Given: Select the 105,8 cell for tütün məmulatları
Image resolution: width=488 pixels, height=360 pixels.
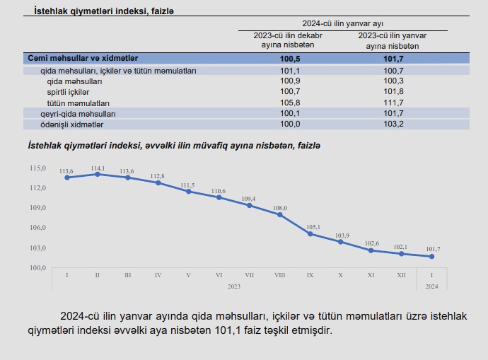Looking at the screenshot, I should click(x=291, y=103).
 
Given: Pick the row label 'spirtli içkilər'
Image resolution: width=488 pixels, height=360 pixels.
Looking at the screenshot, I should click(x=68, y=92).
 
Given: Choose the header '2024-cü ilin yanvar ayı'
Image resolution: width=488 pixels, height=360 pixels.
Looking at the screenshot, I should click(x=343, y=23).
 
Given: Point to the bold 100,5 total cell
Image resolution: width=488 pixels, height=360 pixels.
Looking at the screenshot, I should click(x=291, y=58).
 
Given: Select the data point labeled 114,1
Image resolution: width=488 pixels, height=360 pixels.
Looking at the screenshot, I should click(x=97, y=174).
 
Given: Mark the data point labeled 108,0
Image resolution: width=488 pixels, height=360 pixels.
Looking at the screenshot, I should click(x=280, y=214).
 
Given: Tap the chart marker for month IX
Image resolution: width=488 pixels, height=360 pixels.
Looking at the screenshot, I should click(x=310, y=233).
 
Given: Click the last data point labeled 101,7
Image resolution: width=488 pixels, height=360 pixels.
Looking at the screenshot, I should click(x=432, y=256).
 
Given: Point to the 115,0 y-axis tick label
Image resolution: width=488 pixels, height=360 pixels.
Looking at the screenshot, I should click(x=37, y=168).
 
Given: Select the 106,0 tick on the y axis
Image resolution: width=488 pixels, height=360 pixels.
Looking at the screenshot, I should click(x=37, y=228).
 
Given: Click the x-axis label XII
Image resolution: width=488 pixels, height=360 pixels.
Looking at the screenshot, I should click(x=401, y=274).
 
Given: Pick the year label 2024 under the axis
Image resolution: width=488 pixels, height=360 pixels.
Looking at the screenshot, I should click(x=432, y=286).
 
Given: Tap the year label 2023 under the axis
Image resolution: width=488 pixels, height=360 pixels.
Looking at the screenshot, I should click(x=234, y=286).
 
